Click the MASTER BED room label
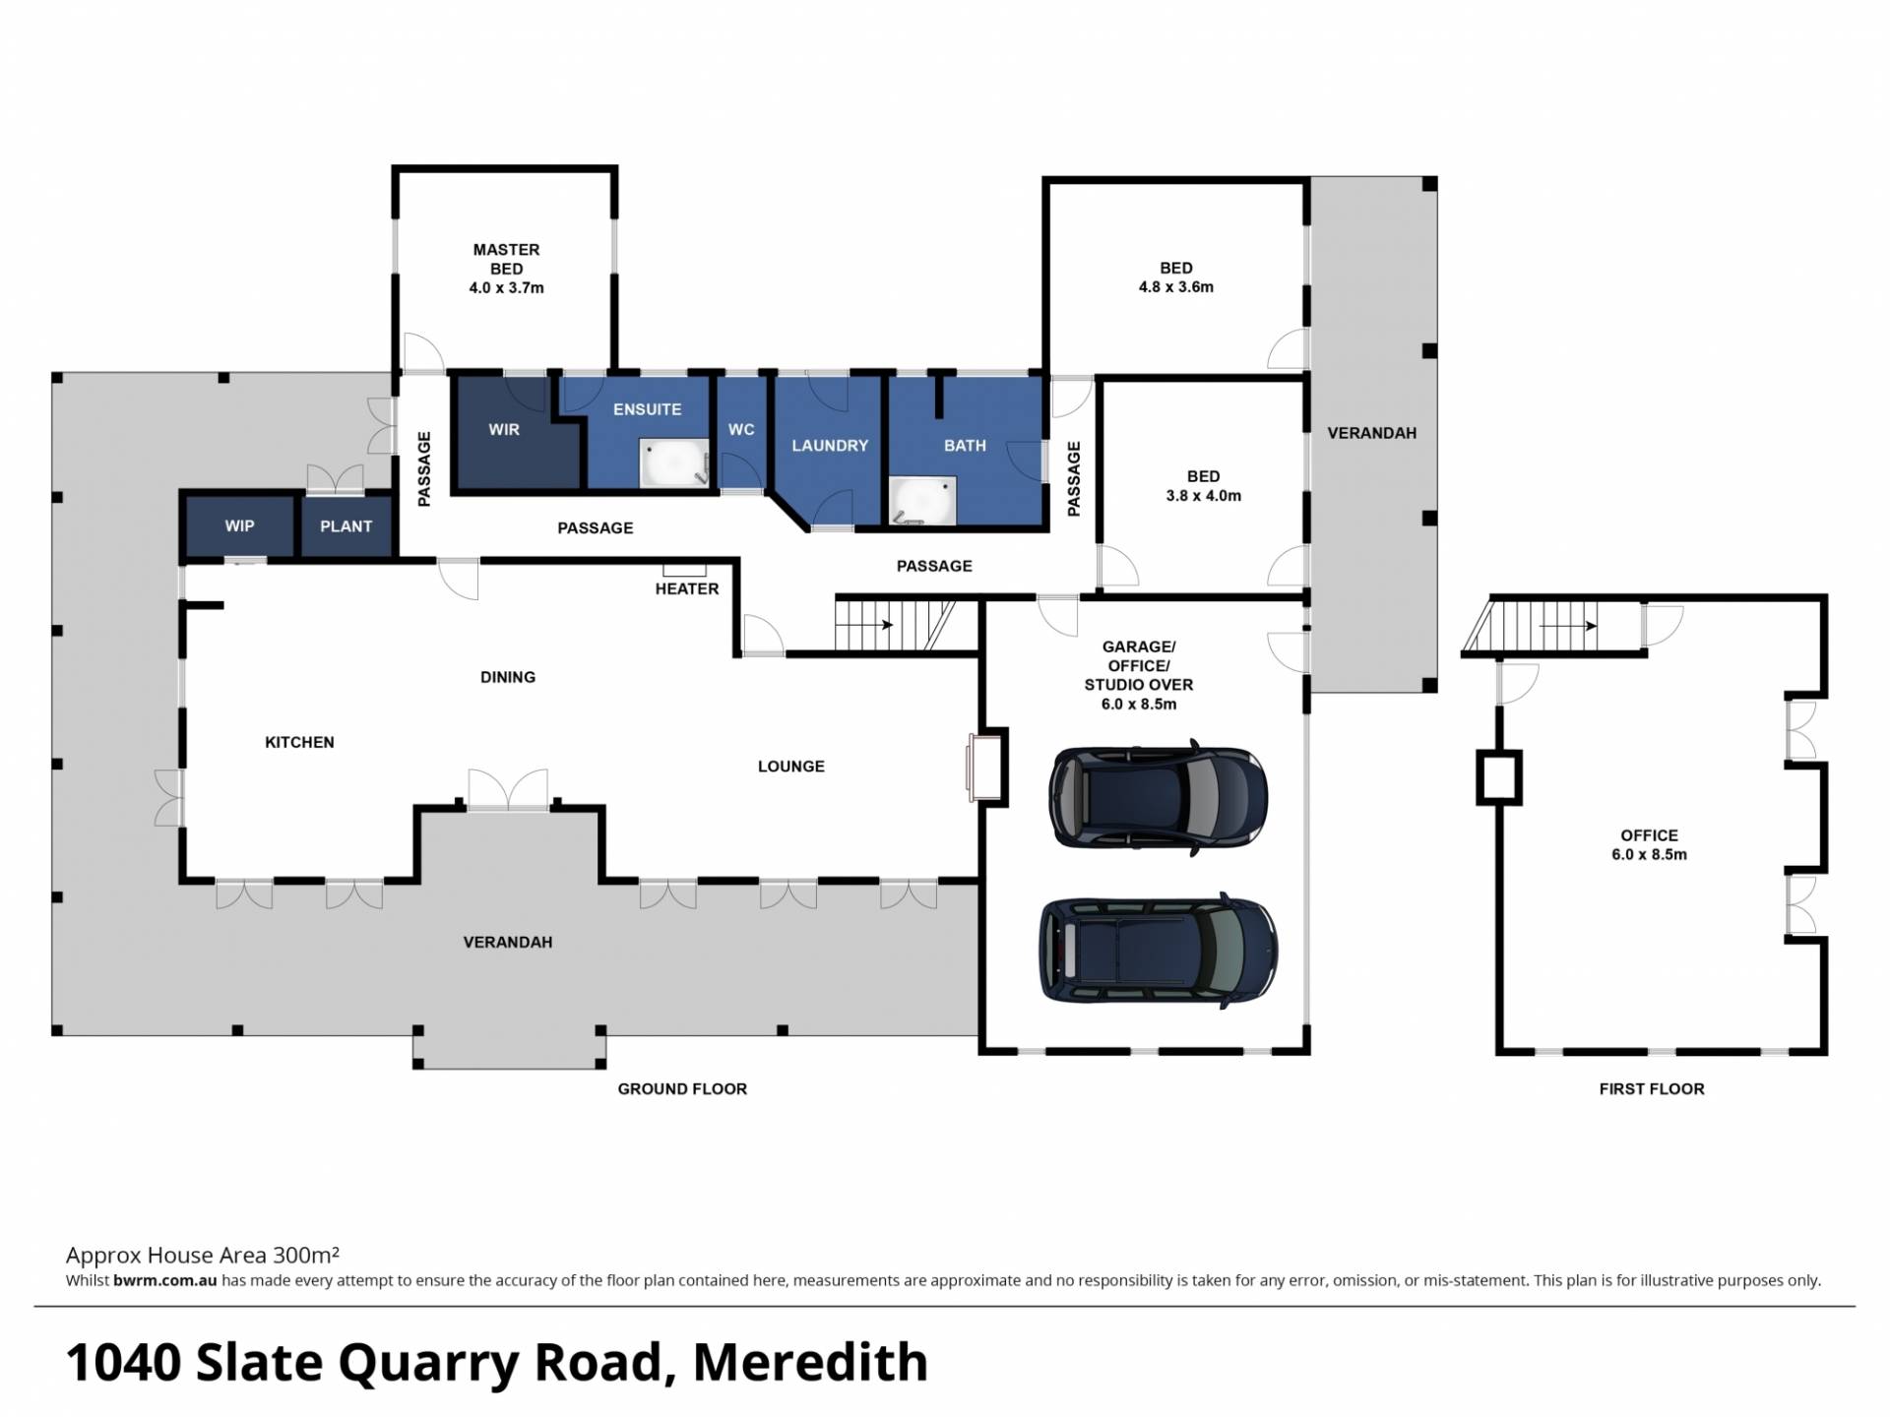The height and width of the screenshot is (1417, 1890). click(506, 259)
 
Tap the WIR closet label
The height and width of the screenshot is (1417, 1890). click(504, 429)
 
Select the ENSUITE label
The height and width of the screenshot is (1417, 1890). click(647, 409)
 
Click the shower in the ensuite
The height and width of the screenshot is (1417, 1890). click(674, 463)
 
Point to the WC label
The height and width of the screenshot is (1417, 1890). click(741, 429)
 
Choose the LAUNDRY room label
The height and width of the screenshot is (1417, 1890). click(830, 446)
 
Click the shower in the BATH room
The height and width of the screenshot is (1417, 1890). click(922, 501)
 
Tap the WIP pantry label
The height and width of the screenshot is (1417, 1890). click(239, 525)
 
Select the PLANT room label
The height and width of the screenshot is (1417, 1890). click(346, 526)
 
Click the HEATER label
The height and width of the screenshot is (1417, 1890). click(687, 588)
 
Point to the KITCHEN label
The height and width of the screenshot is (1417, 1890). click(299, 742)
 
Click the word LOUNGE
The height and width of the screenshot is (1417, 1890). click(791, 766)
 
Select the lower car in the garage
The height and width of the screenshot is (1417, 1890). click(1159, 951)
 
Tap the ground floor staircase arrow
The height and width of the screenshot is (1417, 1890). click(873, 625)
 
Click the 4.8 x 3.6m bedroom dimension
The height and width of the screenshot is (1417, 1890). click(1176, 287)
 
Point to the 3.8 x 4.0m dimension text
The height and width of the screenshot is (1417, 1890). click(1203, 496)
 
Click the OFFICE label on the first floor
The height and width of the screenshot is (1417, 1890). click(1649, 835)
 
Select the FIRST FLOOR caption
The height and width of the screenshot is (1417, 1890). click(1652, 1088)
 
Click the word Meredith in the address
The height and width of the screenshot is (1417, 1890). click(810, 1362)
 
